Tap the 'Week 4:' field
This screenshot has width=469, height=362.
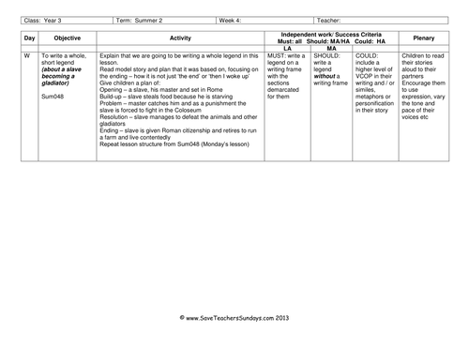(233, 18)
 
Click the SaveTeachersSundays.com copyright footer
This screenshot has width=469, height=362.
(234, 344)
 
